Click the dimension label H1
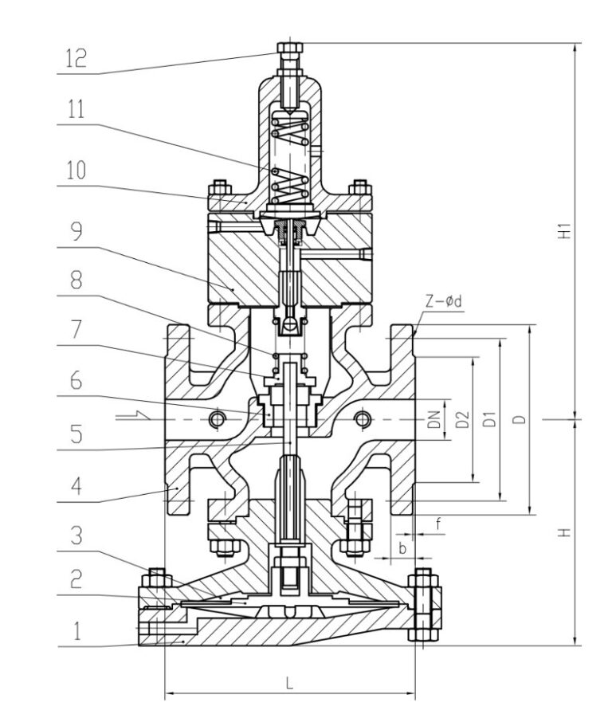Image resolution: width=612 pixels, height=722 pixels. [563, 232]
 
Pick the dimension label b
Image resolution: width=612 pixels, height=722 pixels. [402, 549]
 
